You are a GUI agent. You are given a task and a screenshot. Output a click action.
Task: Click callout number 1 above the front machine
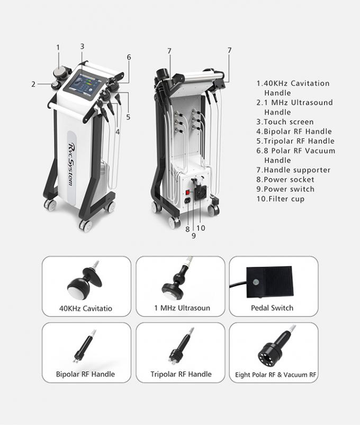click(59, 48)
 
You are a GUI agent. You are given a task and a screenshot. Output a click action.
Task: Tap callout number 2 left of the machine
click(33, 83)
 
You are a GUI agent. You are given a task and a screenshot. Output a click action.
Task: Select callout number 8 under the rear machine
click(187, 229)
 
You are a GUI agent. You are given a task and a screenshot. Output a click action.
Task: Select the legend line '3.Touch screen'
click(285, 122)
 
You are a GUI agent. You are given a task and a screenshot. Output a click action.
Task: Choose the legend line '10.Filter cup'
click(281, 198)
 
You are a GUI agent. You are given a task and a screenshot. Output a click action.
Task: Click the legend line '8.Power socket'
click(285, 179)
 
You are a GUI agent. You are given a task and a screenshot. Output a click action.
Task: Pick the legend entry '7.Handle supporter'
click(293, 170)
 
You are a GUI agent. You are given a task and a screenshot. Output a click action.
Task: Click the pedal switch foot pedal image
click(269, 282)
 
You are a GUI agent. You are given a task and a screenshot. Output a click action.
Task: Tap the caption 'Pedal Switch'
click(272, 308)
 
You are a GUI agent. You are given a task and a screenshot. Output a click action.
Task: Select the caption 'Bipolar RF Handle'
click(85, 374)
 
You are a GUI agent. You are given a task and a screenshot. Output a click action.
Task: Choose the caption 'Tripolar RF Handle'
click(181, 374)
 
